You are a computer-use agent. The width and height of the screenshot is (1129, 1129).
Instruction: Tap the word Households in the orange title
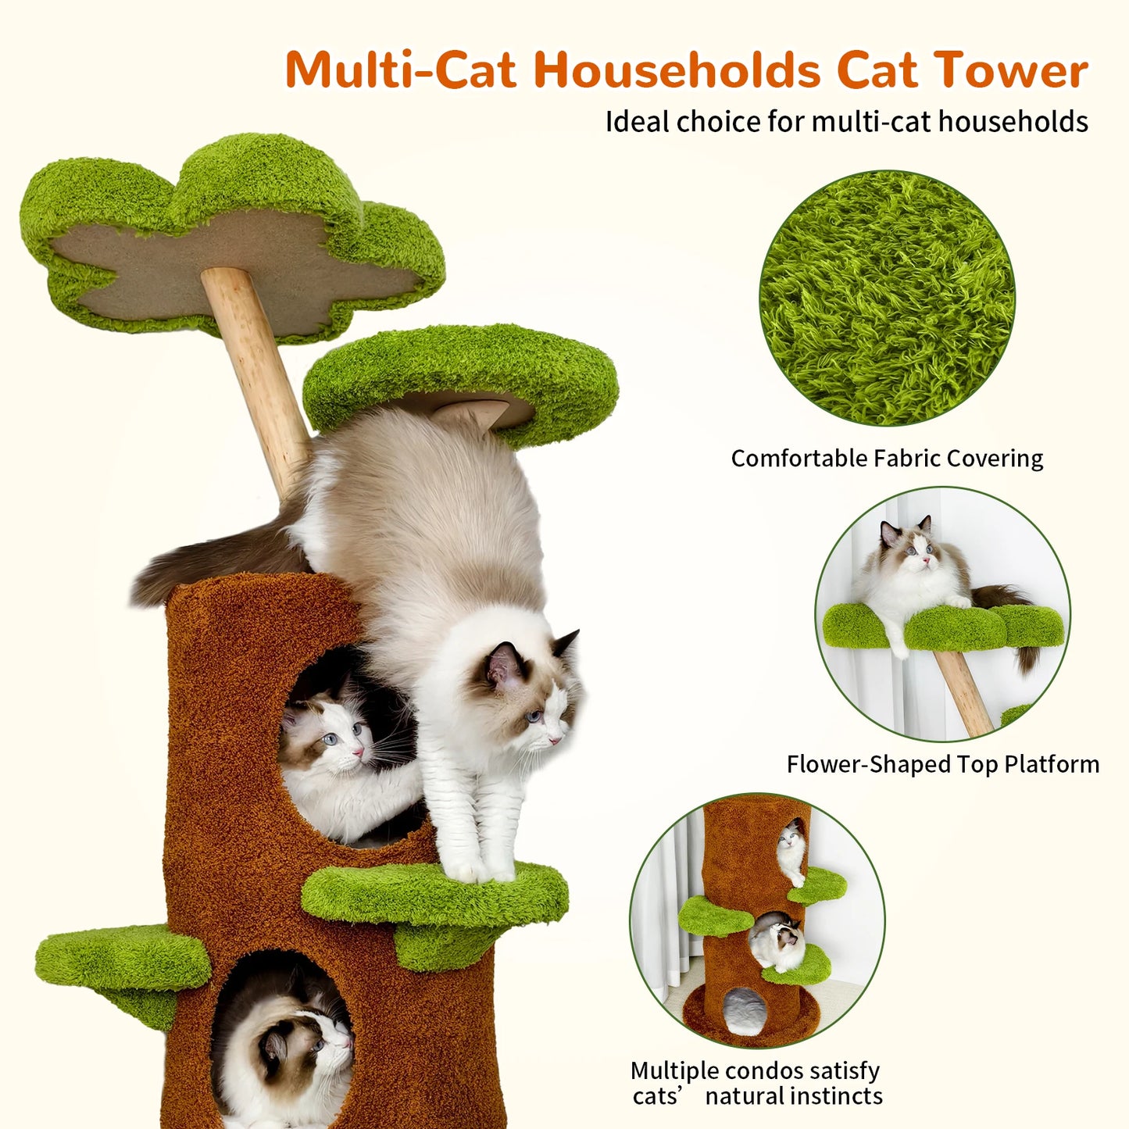pos(677,70)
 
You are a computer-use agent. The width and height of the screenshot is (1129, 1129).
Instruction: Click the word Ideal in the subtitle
pos(638,122)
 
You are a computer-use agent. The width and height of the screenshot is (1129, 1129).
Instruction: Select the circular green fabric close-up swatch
pos(887,298)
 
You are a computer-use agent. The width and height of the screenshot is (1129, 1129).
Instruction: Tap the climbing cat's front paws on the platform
pos(477,867)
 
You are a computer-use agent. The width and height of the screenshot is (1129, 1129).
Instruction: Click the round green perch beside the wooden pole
pos(461,375)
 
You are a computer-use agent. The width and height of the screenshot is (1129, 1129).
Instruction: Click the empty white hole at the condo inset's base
pos(744,1010)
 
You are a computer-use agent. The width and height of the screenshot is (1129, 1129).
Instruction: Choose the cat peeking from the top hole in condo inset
pos(791,848)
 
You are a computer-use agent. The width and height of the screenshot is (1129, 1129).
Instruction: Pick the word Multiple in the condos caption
pos(674,1070)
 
